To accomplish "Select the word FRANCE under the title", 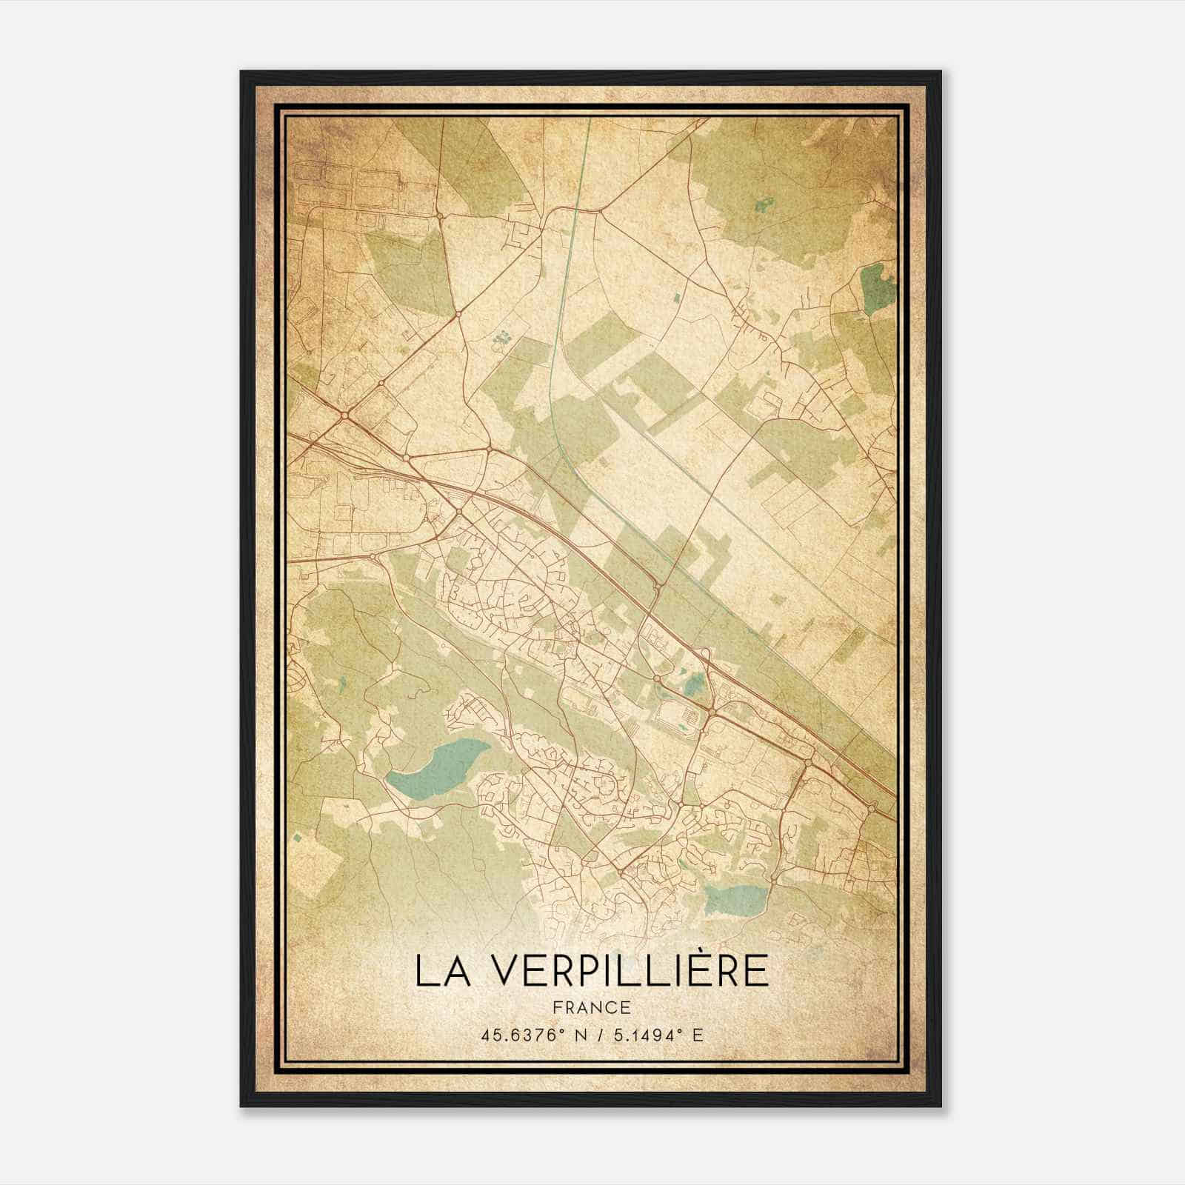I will tap(592, 1007).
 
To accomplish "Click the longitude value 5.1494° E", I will tap(657, 1035).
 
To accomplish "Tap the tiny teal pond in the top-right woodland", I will tap(765, 201).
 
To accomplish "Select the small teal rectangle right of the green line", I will tap(676, 298).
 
